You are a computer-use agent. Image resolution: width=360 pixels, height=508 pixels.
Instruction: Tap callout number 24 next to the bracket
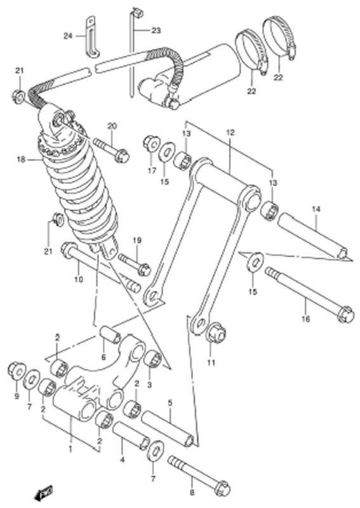(x=69, y=36)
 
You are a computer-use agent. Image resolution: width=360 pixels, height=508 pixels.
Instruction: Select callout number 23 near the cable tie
(x=156, y=30)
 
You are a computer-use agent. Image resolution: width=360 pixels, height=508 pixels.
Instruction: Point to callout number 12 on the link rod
(x=230, y=132)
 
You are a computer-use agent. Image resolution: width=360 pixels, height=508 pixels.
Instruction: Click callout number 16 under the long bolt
(x=305, y=319)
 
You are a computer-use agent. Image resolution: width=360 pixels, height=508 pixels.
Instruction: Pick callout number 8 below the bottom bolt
(x=192, y=493)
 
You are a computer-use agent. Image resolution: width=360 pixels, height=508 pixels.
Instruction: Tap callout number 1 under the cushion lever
(x=70, y=449)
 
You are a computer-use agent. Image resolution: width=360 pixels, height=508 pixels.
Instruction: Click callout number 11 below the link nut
(x=211, y=363)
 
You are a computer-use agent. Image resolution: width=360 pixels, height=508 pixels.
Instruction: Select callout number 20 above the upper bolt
(x=112, y=126)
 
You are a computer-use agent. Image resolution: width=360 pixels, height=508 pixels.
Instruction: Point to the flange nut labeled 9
(x=17, y=370)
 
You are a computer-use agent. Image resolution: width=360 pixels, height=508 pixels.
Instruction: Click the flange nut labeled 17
(x=151, y=143)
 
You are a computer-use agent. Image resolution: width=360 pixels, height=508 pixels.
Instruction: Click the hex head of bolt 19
(x=144, y=269)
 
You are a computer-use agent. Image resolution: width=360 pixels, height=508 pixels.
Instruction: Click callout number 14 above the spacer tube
(x=316, y=210)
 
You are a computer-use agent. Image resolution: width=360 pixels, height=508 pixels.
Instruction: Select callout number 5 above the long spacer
(x=170, y=403)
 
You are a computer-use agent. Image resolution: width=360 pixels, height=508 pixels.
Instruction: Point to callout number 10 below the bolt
(x=79, y=279)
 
